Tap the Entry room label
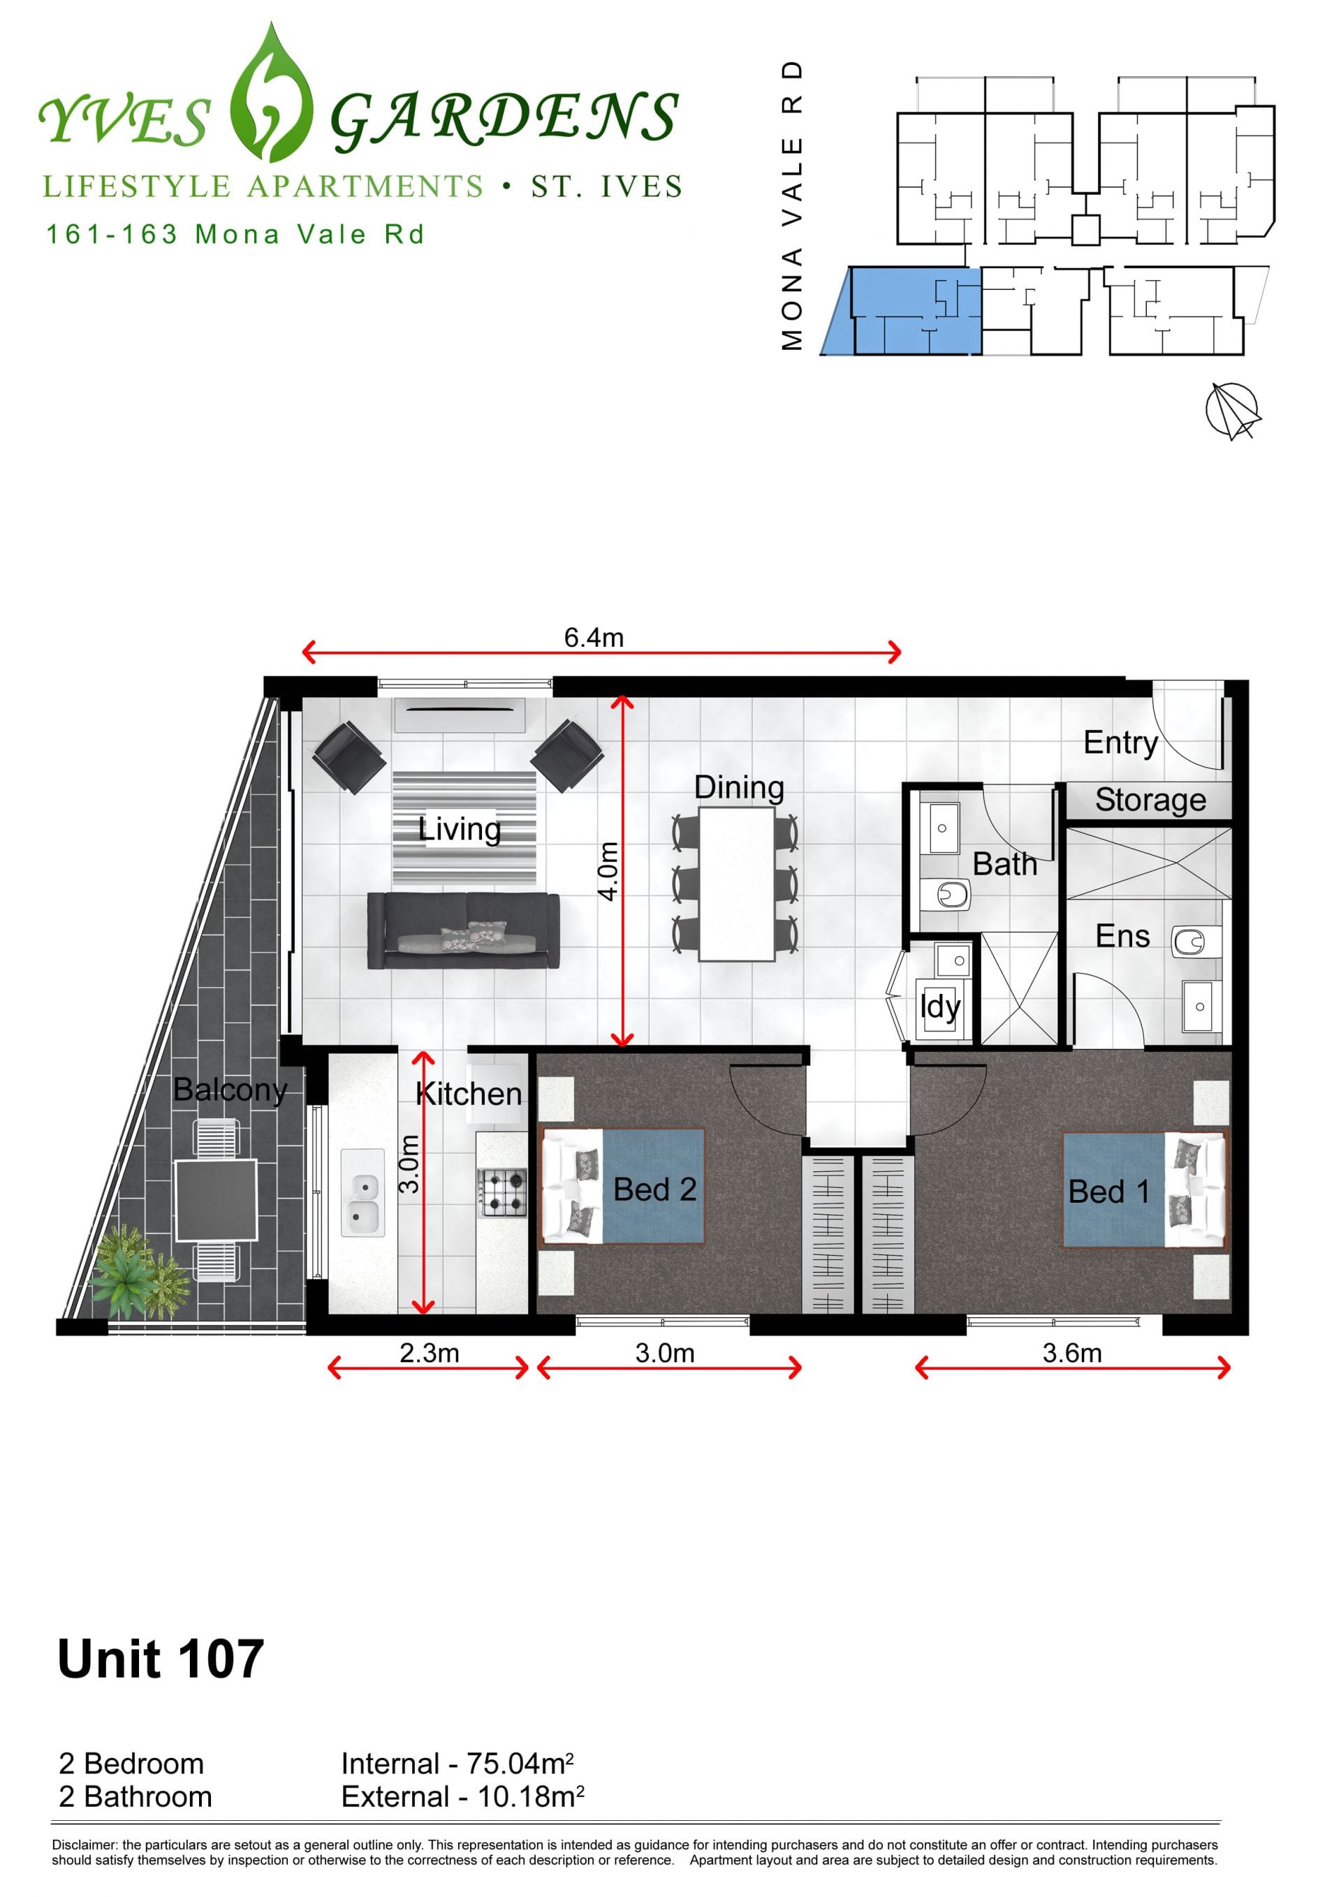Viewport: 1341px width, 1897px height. coord(1120,742)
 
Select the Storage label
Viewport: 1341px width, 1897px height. coord(1150,800)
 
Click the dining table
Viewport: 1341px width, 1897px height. coord(736,884)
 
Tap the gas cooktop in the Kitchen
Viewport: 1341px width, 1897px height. coord(502,1192)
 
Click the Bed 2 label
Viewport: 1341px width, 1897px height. coord(654,1189)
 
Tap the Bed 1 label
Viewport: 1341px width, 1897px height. coord(1108,1192)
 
